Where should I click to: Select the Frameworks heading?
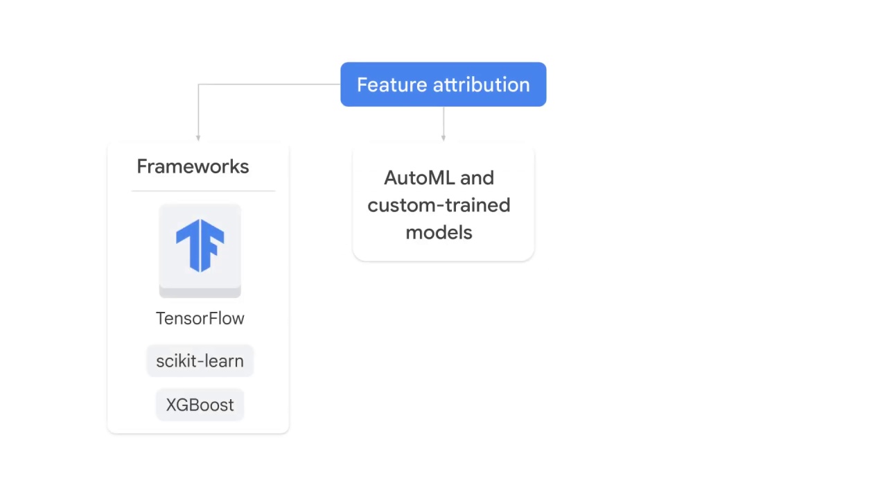tap(193, 166)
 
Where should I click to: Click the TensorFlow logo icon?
tap(200, 245)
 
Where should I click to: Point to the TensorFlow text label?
tap(200, 318)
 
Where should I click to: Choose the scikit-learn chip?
tap(200, 361)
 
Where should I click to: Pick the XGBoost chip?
tap(200, 405)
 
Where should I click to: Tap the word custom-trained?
tap(439, 205)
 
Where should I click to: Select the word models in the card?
tap(439, 232)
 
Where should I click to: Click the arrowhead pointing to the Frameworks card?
tap(198, 138)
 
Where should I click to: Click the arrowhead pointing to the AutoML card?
tap(443, 138)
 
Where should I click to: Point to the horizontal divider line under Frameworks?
tap(202, 191)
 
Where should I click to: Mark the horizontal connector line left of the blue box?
tap(270, 85)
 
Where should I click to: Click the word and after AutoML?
tap(477, 178)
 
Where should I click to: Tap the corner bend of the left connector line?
tap(199, 85)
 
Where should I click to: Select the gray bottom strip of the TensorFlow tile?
tap(200, 292)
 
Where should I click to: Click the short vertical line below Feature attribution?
tap(443, 121)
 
